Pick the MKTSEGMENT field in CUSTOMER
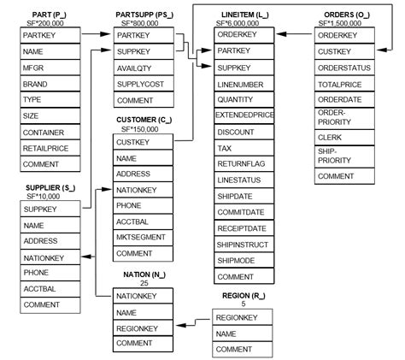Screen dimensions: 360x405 click(x=143, y=238)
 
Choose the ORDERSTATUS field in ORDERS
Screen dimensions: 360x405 click(x=345, y=69)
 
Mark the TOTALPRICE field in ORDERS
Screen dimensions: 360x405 click(x=345, y=86)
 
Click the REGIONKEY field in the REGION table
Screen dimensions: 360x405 click(x=243, y=318)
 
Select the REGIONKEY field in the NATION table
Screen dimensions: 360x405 click(x=143, y=328)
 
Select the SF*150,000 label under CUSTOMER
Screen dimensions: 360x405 click(x=135, y=128)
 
